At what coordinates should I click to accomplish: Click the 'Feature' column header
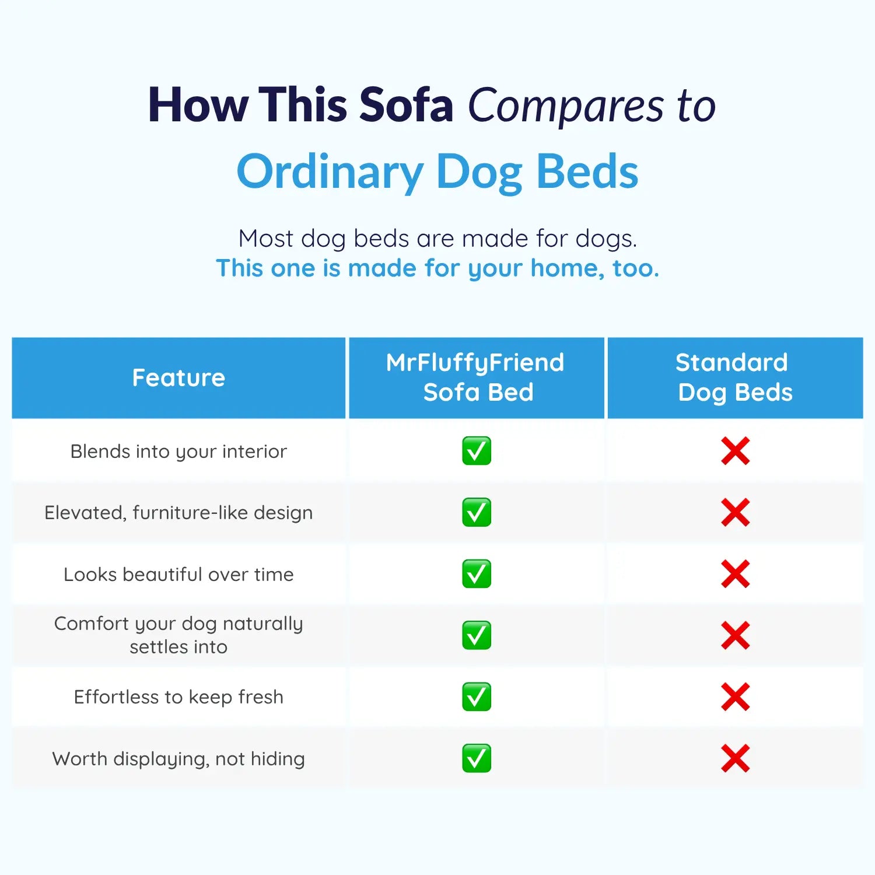178,377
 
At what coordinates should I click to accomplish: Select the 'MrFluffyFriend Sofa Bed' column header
476,377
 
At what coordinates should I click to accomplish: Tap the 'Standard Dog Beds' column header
734,377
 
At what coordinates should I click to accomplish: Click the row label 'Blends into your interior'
178,452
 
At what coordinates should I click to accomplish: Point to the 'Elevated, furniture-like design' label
178,513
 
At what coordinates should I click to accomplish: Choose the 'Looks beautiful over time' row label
178,575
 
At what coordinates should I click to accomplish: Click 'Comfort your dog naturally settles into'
178,635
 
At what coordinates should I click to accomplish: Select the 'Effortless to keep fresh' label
178,697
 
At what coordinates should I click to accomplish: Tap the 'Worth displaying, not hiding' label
178,759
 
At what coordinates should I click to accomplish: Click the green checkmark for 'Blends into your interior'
477,451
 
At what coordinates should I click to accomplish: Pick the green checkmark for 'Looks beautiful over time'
477,574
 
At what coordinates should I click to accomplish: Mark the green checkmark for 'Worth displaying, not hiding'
477,758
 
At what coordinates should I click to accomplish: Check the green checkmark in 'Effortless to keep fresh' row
477,697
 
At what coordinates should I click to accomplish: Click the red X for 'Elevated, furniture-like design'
735,513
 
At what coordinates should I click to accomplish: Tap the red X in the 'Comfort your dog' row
735,635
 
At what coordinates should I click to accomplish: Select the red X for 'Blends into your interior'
735,451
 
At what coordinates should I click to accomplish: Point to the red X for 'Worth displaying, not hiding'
735,758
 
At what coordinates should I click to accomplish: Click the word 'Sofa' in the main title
406,104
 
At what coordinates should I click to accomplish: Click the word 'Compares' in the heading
566,107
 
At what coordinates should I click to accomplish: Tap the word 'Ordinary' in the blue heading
330,173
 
